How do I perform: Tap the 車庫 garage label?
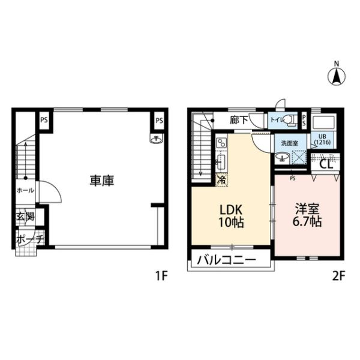click(102, 181)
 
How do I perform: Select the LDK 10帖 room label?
click(231, 216)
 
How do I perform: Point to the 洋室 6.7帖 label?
click(307, 215)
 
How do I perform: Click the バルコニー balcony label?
click(226, 260)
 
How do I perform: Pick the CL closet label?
click(326, 164)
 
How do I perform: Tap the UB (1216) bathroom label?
click(323, 140)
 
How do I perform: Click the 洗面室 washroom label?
click(290, 143)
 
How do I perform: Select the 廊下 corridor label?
click(239, 120)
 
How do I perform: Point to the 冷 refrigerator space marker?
click(221, 180)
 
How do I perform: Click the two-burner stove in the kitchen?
click(221, 143)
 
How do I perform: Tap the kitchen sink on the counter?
click(221, 163)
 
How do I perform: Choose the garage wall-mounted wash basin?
click(156, 139)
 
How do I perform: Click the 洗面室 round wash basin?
click(282, 158)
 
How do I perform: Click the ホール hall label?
click(25, 190)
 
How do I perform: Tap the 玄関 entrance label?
click(25, 216)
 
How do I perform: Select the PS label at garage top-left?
click(44, 120)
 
